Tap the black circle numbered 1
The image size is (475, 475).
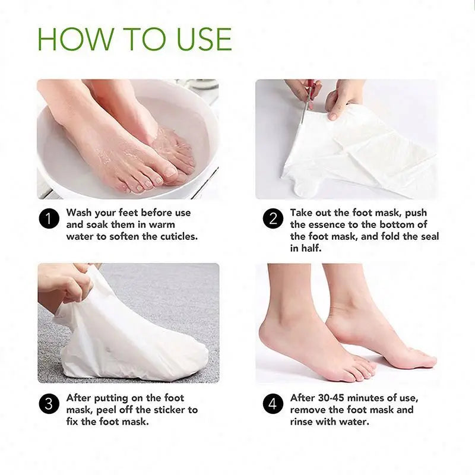49,219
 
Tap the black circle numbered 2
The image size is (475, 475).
273,219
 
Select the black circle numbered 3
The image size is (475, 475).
49,404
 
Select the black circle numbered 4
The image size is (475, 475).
273,404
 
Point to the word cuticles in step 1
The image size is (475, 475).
176,236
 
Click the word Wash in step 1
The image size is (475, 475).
80,213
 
